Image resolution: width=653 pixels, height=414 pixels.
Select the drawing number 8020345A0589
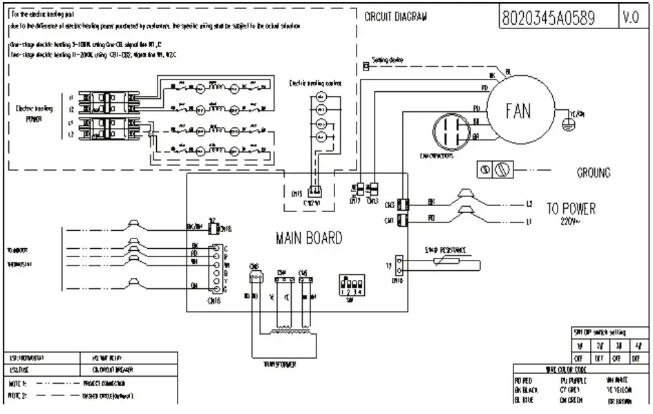point(549,19)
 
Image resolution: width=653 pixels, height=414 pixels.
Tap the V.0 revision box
point(630,19)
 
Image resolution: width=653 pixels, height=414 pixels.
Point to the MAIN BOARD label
point(308,238)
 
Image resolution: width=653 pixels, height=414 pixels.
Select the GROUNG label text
point(593,173)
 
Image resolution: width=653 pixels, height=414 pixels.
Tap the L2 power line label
point(530,204)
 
